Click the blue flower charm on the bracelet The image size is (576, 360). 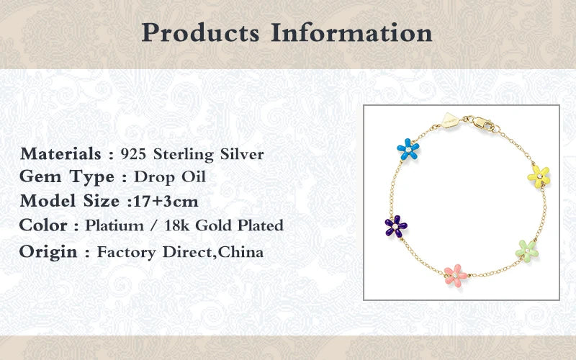point(408,149)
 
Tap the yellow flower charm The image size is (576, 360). point(539,176)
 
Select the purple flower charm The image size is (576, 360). point(395,226)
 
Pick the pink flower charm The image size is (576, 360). point(455,276)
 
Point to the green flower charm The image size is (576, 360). point(527,251)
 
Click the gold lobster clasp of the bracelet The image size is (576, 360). point(483,123)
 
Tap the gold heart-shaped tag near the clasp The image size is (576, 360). point(451,120)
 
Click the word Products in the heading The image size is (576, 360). point(201,33)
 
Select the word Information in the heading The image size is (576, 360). point(351,32)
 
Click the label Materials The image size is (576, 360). point(60,153)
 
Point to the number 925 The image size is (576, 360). point(133,154)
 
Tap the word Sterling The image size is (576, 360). point(184,155)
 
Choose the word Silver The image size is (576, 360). point(242,154)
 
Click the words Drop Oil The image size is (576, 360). point(170,177)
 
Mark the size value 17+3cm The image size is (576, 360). point(166,202)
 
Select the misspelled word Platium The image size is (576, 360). point(114,225)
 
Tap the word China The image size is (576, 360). point(240,252)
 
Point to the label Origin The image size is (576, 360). point(48,253)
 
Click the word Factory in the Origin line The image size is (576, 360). point(127,253)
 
